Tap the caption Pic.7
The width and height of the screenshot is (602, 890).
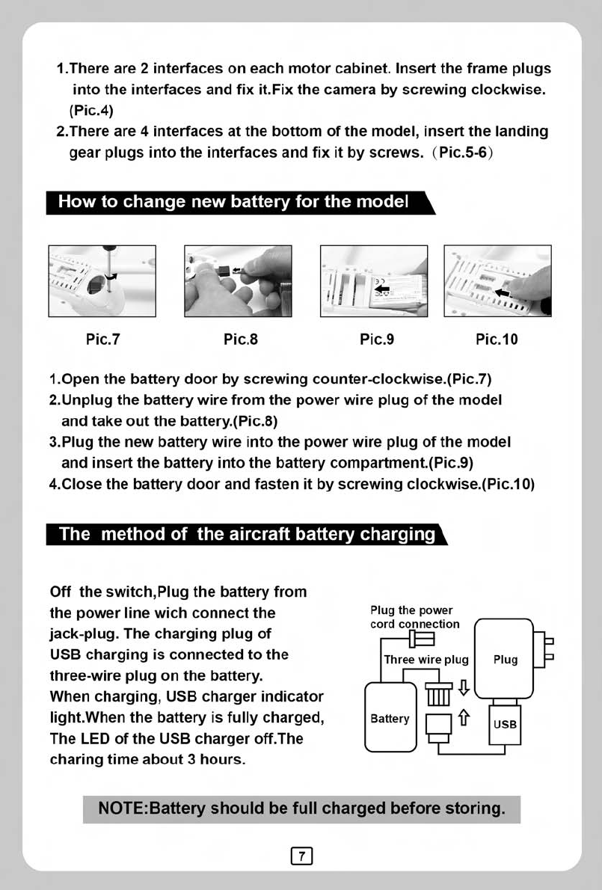[103, 340]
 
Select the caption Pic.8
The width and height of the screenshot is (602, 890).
[241, 340]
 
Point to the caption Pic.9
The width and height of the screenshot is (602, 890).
[377, 340]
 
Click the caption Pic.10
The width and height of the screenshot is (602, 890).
[497, 340]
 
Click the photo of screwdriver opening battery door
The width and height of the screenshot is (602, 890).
[102, 280]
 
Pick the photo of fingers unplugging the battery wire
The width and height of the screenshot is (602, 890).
[238, 280]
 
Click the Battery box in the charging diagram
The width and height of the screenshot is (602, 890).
[390, 719]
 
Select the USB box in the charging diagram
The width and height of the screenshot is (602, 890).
[506, 724]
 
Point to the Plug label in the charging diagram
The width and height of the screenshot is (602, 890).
[506, 660]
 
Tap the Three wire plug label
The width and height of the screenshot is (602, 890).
[426, 660]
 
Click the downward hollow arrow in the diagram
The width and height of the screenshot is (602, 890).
[464, 685]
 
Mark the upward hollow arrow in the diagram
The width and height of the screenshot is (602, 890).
[464, 720]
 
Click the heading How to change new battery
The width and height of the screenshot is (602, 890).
[233, 202]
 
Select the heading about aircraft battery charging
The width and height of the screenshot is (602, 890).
[247, 534]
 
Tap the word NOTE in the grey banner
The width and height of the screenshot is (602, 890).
[124, 808]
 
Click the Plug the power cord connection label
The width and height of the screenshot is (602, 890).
[415, 617]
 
